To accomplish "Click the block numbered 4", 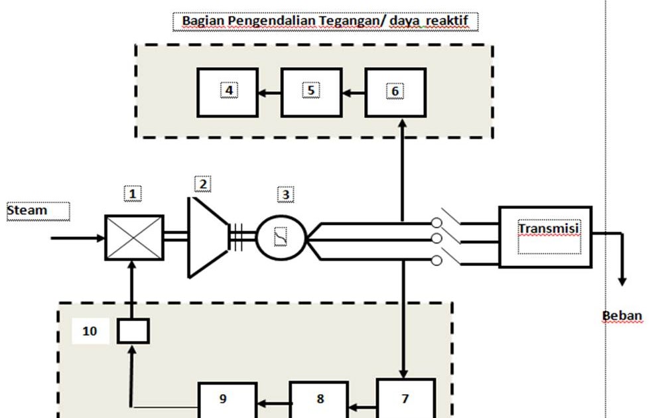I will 228,92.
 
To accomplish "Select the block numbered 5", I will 311,92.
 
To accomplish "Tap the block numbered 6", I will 395,92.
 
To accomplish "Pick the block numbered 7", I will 405,398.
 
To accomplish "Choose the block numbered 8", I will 320,399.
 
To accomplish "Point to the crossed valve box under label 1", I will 134,238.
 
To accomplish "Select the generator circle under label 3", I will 281,237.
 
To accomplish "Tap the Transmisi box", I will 545,237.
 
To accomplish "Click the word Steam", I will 27,210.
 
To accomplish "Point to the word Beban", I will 622,315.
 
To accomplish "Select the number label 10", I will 90,330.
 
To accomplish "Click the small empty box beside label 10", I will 133,330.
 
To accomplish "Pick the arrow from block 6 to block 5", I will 354,93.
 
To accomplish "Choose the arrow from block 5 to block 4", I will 269,93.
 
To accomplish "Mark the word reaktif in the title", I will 447,21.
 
